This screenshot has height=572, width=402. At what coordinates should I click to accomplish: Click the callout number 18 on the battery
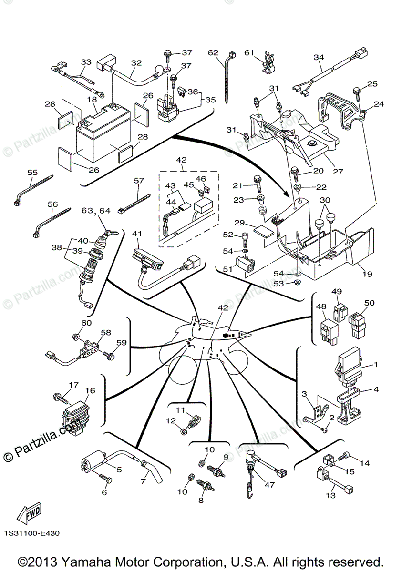click(92, 99)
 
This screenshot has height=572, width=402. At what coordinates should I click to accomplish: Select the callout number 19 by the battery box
click(367, 274)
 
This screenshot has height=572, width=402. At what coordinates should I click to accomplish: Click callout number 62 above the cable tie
click(213, 52)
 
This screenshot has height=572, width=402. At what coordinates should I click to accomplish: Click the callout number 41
click(137, 234)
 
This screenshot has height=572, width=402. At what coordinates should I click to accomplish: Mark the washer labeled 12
click(184, 432)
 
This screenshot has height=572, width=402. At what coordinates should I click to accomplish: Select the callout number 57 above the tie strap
click(138, 181)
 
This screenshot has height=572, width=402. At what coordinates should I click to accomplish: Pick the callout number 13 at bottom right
click(330, 495)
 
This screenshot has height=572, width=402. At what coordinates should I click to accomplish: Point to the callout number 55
click(32, 172)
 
